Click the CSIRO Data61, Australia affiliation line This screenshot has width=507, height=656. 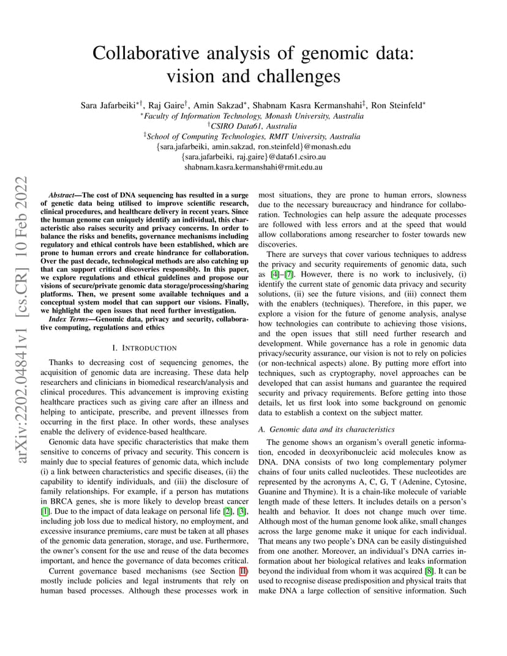click(x=254, y=126)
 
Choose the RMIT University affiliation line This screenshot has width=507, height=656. click(x=254, y=136)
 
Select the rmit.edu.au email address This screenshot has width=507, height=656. click(x=254, y=166)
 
